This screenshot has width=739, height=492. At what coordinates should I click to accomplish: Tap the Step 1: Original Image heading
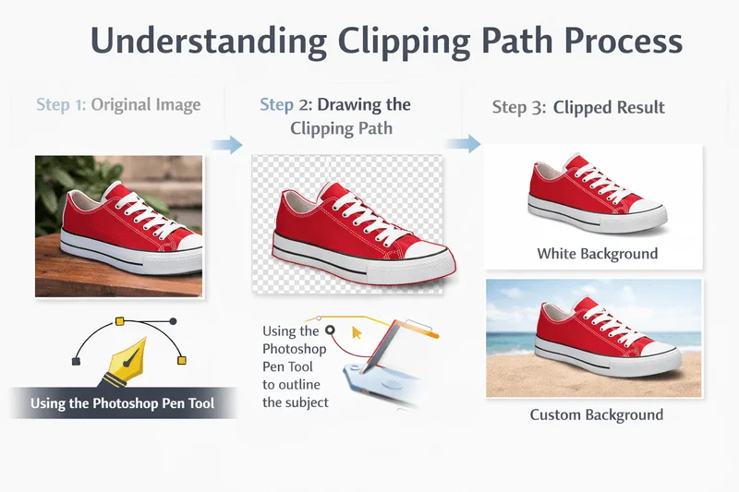coord(118,104)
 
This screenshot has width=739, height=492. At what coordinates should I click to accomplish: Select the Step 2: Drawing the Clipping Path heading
coord(334,115)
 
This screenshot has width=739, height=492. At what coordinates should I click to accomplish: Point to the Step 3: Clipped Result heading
coord(578,107)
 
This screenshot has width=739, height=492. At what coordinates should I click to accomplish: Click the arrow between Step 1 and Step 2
coord(225,144)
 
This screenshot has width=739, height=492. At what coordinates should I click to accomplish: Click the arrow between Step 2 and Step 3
coord(464,143)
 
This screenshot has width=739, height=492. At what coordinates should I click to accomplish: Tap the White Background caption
coord(597,253)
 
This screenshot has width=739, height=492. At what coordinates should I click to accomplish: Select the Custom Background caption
coord(596,414)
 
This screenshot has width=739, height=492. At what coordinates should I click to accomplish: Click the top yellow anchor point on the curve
coord(119,321)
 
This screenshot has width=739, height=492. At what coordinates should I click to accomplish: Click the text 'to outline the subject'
coord(295,392)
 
